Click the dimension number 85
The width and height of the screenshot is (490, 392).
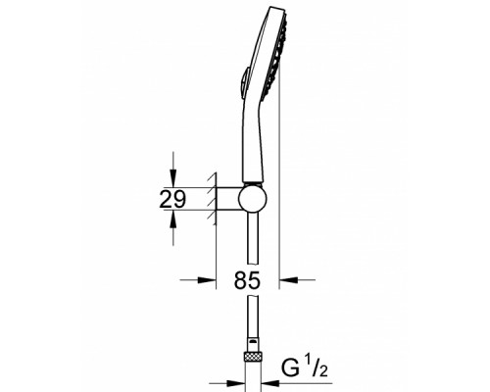point(247,281)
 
